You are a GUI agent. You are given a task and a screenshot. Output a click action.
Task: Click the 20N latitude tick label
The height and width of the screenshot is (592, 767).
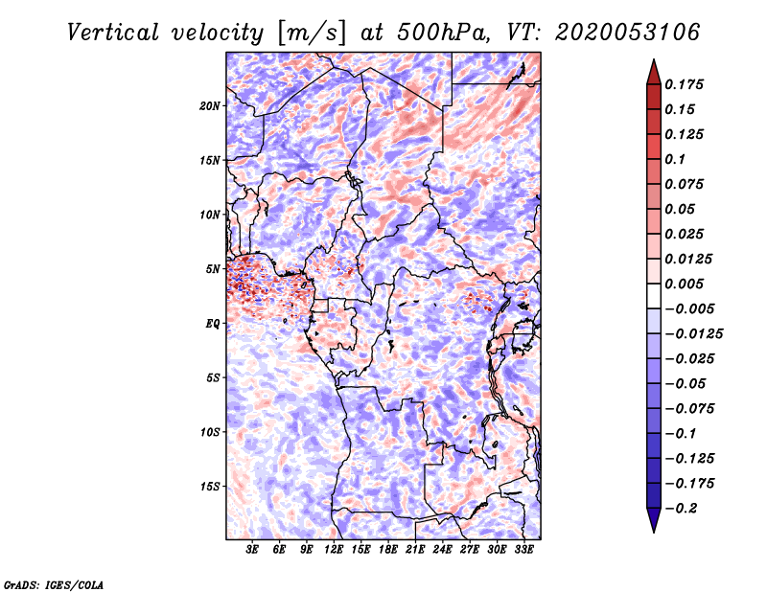[210, 105]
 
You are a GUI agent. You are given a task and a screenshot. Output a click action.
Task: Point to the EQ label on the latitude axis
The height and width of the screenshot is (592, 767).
[212, 324]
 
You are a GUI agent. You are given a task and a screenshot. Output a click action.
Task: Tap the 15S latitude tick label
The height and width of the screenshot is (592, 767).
[210, 487]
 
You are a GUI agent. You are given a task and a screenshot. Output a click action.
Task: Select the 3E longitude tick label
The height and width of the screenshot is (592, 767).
[253, 550]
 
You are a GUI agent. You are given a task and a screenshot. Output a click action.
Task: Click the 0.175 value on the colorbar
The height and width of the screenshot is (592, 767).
[687, 84]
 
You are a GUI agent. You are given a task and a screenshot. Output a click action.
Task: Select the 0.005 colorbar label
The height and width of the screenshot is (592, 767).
[687, 285]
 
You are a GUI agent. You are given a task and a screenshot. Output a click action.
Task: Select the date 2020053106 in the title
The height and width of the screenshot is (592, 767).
[617, 33]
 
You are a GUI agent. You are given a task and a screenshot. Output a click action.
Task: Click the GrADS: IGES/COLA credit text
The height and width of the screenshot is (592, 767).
[54, 583]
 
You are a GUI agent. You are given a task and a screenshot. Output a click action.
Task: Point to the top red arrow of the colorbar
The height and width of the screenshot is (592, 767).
[653, 70]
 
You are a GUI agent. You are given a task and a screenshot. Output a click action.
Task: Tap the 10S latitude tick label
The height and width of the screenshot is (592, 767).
[210, 432]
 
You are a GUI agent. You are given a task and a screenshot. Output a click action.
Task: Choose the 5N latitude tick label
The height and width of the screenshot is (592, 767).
[212, 269]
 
